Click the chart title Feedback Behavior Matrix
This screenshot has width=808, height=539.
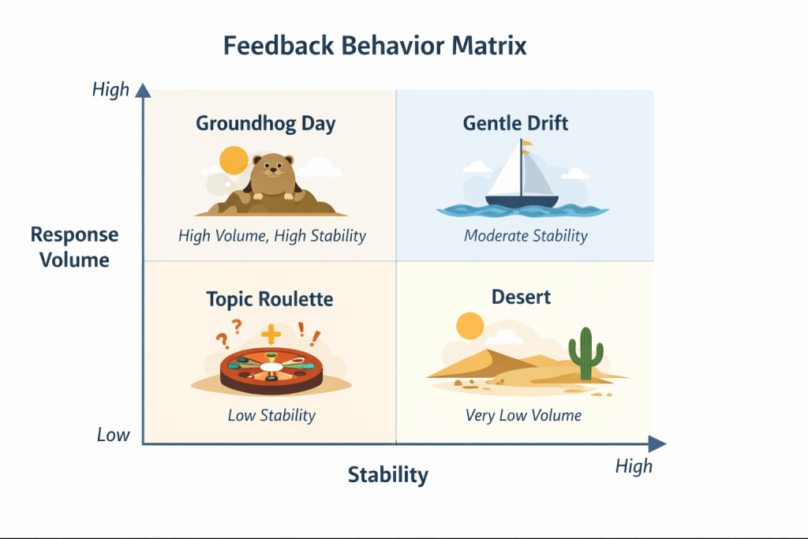pyautogui.click(x=375, y=46)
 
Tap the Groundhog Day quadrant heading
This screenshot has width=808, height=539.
pyautogui.click(x=265, y=124)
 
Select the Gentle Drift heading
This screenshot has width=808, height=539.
pyautogui.click(x=515, y=124)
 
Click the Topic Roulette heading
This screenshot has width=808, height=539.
pyautogui.click(x=269, y=299)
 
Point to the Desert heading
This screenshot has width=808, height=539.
pyautogui.click(x=521, y=298)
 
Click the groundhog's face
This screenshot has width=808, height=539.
pyautogui.click(x=272, y=168)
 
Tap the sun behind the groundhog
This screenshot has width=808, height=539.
pyautogui.click(x=234, y=161)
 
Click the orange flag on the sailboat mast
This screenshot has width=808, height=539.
pyautogui.click(x=526, y=143)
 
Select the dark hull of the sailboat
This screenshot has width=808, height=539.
pyautogui.click(x=522, y=202)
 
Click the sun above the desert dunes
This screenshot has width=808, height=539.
pyautogui.click(x=469, y=325)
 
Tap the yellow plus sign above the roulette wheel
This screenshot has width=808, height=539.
pyautogui.click(x=271, y=335)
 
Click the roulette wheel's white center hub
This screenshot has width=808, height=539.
pyautogui.click(x=271, y=367)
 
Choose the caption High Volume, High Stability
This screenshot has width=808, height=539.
pyautogui.click(x=271, y=235)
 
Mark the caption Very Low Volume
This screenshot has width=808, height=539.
pyautogui.click(x=522, y=415)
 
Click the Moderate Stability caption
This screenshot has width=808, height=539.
pyautogui.click(x=526, y=235)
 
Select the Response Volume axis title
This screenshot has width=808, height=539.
pyautogui.click(x=74, y=247)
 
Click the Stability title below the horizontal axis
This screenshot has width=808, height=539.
pyautogui.click(x=388, y=475)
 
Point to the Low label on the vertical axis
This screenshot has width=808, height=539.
pyautogui.click(x=114, y=435)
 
